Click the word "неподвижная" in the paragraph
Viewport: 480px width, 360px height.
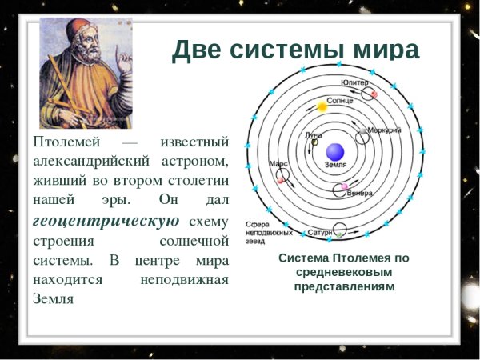pyautogui.click(x=185, y=279)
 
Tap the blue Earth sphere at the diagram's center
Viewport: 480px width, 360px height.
pyautogui.click(x=335, y=151)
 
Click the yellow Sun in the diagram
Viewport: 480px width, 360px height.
pyautogui.click(x=322, y=106)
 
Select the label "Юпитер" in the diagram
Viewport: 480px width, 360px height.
pyautogui.click(x=354, y=83)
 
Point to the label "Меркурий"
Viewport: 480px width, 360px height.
pyautogui.click(x=382, y=130)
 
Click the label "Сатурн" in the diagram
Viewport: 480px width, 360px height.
pyautogui.click(x=320, y=233)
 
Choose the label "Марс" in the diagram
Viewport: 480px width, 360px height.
pyautogui.click(x=278, y=163)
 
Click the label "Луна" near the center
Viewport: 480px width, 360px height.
pyautogui.click(x=314, y=136)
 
